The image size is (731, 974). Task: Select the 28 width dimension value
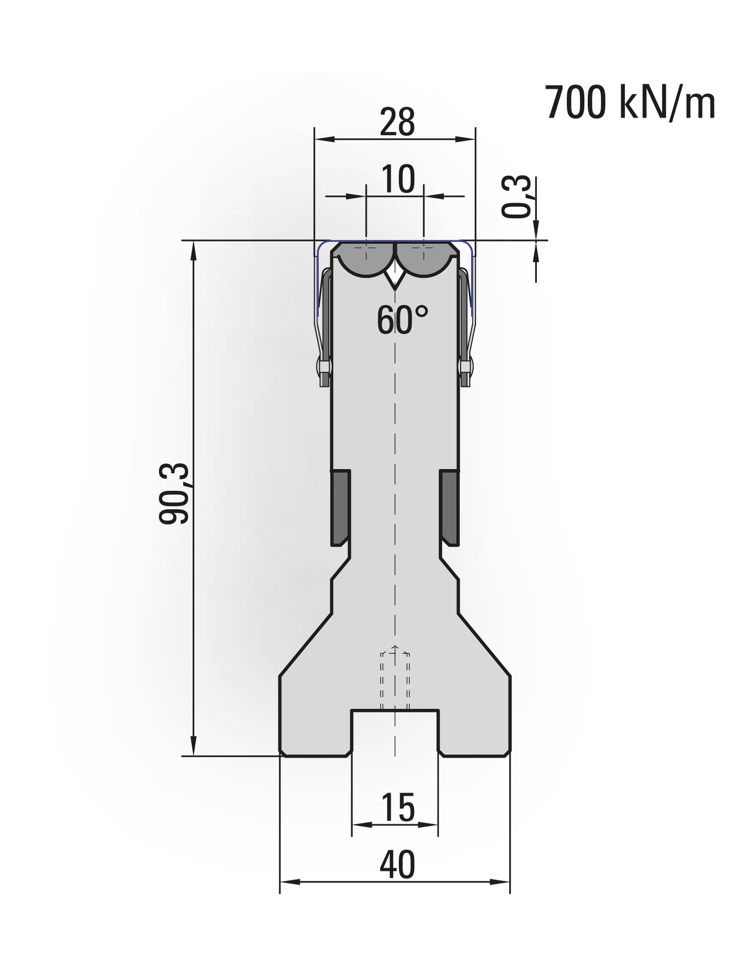pyautogui.click(x=397, y=123)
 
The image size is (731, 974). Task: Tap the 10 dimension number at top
pyautogui.click(x=398, y=180)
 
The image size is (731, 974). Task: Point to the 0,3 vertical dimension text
pyautogui.click(x=516, y=196)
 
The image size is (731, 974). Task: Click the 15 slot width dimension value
pyautogui.click(x=398, y=808)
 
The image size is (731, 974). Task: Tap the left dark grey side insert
pyautogui.click(x=340, y=507)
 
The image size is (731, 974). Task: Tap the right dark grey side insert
pyautogui.click(x=449, y=507)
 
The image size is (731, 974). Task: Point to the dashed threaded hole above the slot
pyautogui.click(x=395, y=680)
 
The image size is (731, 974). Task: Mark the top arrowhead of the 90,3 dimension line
pyautogui.click(x=193, y=250)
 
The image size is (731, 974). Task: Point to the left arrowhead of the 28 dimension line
pyautogui.click(x=324, y=139)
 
